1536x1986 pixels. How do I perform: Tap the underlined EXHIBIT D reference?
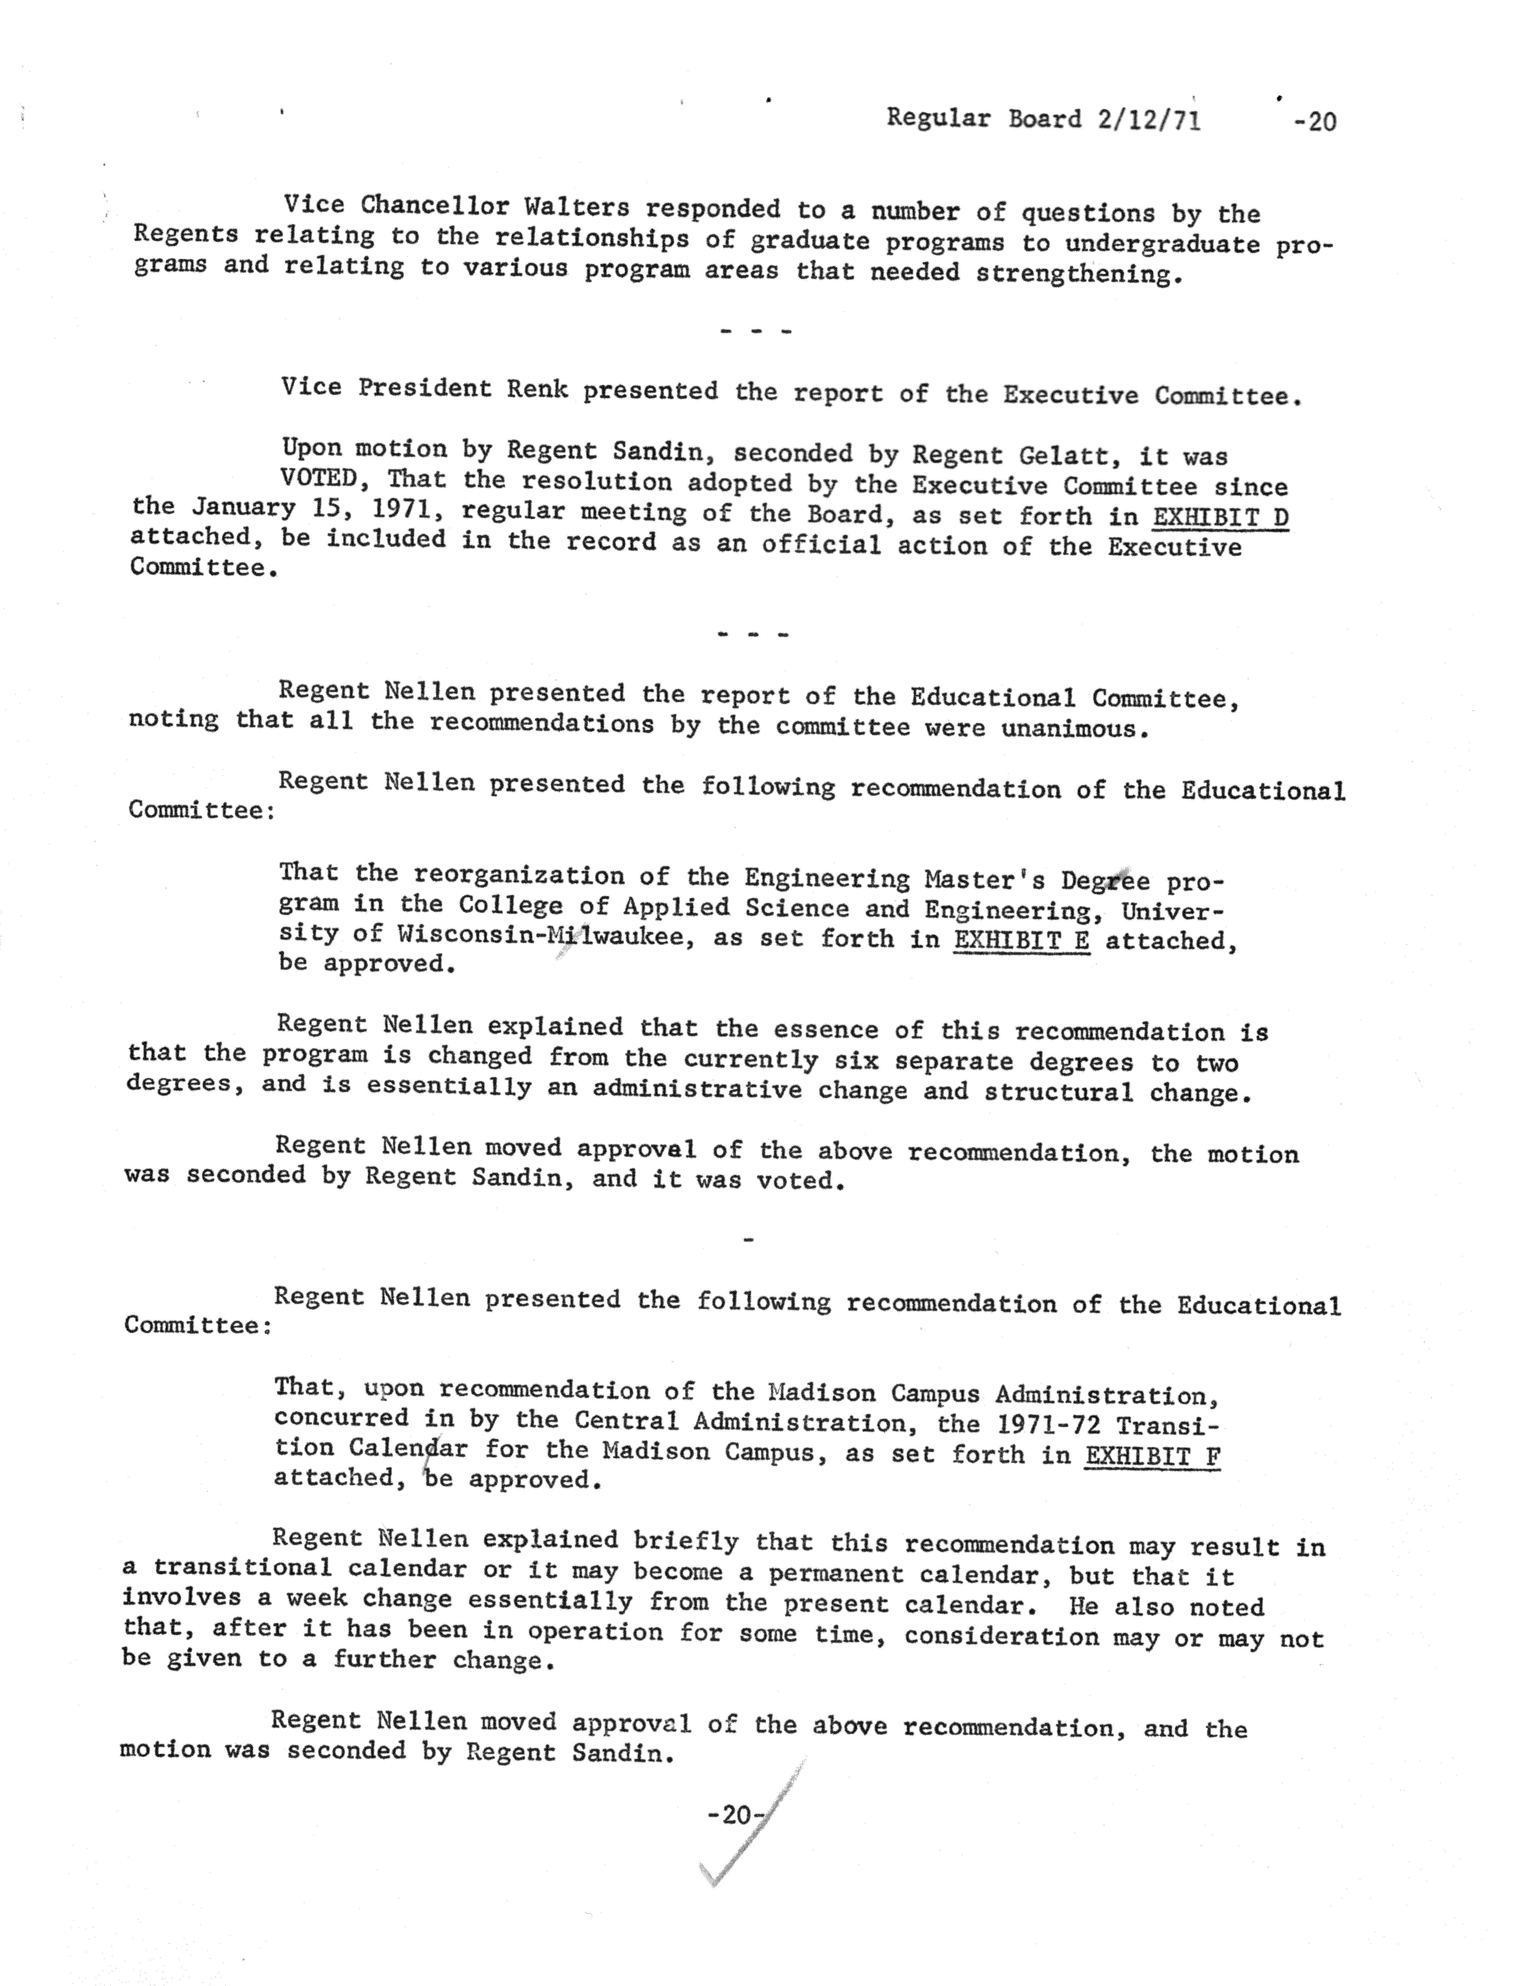tap(1220, 518)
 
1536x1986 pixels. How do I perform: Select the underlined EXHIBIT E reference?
tap(1021, 939)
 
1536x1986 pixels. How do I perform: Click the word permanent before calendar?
tap(835, 1574)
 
